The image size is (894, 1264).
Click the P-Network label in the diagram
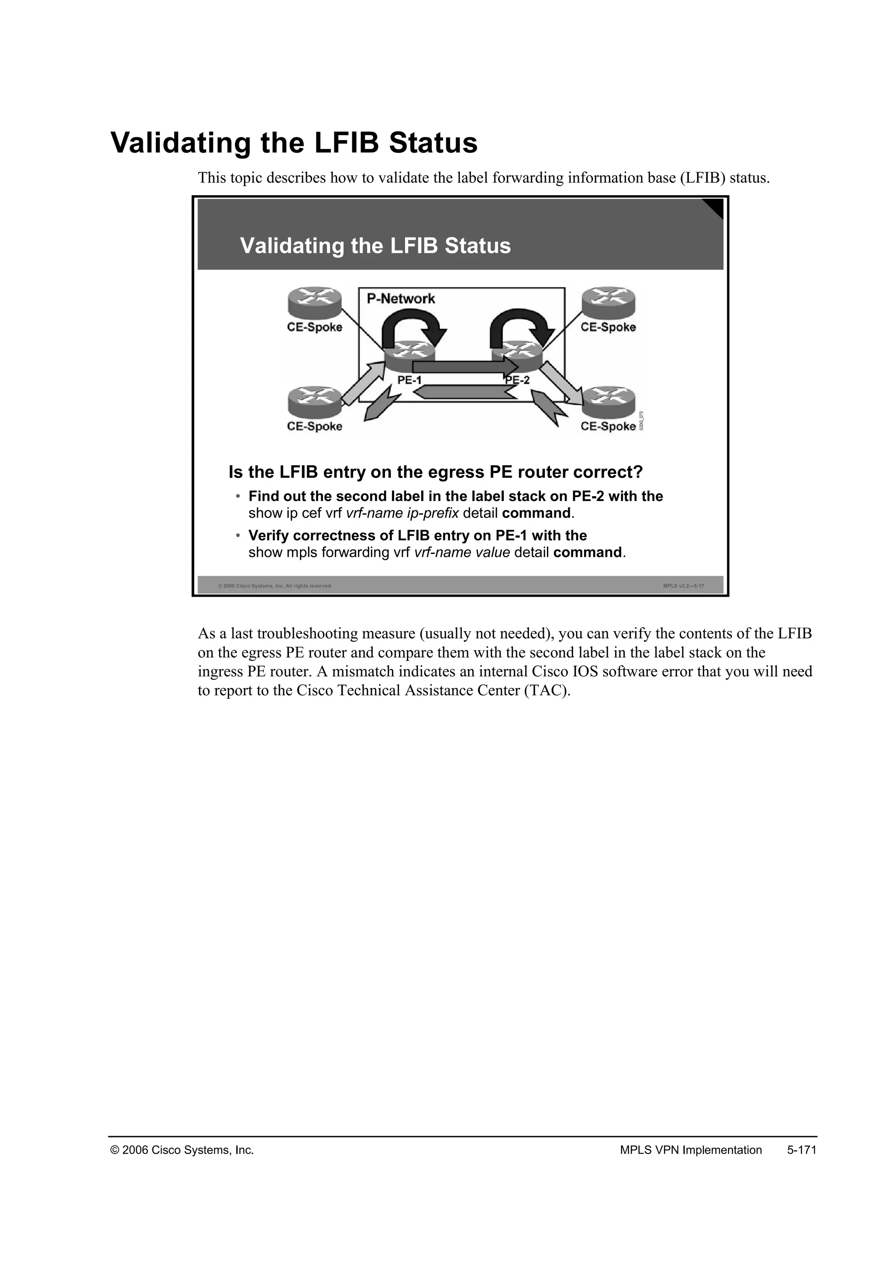pos(401,299)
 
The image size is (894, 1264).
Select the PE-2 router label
pos(517,380)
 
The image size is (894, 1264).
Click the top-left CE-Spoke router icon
pos(314,303)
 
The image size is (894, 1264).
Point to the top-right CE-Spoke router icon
pos(608,303)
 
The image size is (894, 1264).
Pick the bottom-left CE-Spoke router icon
pos(314,402)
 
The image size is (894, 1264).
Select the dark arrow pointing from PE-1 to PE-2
pos(465,367)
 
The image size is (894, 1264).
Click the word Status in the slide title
pos(478,246)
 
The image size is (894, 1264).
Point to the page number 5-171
pos(801,1150)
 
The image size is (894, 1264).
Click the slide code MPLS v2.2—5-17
pos(683,586)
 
